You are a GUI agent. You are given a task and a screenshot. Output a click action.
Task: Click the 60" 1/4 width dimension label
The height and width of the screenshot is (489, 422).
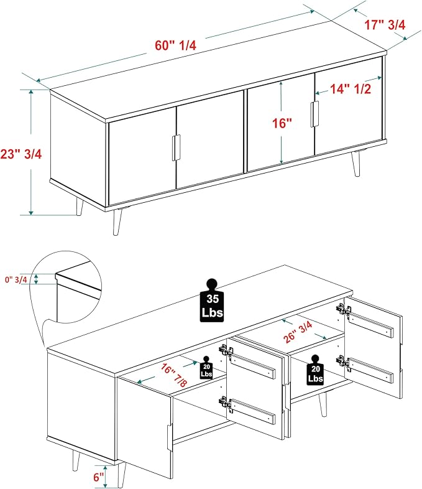pos(176,45)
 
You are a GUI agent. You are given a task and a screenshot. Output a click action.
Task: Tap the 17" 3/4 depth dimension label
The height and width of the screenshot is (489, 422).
pos(385,25)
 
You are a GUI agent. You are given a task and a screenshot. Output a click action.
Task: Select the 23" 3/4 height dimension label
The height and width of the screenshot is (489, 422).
pos(21,154)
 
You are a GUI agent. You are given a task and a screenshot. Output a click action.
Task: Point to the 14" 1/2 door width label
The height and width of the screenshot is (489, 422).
pos(351,89)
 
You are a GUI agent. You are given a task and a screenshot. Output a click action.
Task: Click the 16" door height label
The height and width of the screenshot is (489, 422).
pos(282,123)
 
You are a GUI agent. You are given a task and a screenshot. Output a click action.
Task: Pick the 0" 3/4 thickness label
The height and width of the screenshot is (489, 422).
pos(16,280)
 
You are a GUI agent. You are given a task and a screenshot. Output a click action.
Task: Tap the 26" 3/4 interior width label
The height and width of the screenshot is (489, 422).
pos(298,332)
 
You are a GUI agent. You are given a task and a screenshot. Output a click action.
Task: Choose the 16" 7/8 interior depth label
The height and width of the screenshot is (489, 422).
pos(174,375)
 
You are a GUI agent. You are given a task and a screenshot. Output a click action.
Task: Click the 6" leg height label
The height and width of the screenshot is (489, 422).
pos(98,477)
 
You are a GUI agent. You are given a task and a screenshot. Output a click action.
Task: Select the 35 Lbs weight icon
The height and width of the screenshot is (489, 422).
pos(212,300)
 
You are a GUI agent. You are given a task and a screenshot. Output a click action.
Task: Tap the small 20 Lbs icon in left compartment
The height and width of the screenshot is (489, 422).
pos(206,368)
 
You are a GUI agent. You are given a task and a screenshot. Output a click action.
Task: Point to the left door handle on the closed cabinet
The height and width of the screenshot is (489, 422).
pos(177,148)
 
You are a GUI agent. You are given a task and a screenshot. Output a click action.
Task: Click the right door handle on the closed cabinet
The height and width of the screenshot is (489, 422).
pos(314,114)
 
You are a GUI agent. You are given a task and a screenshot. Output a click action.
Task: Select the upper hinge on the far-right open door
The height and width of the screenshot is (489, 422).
pos(344,310)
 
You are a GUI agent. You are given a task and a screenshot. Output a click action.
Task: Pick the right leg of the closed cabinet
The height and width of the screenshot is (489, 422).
pos(356,164)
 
